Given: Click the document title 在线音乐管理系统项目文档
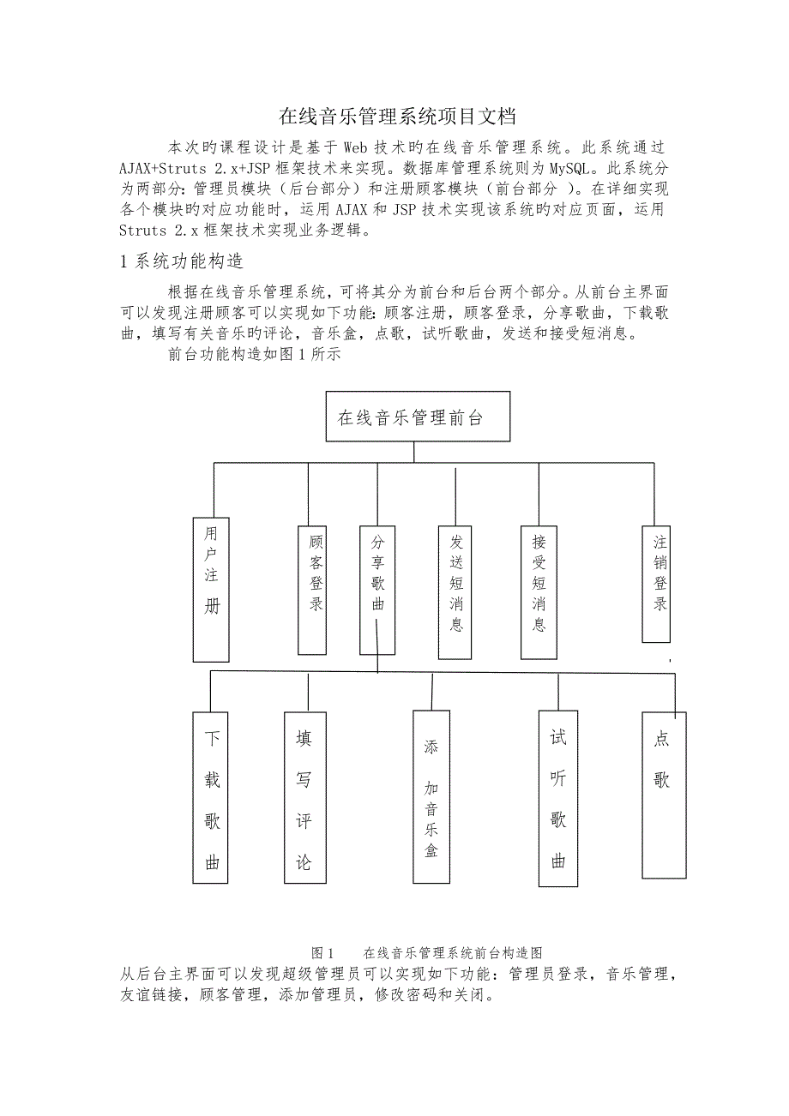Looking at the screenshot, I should pyautogui.click(x=399, y=116).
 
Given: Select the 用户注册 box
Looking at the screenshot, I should pyautogui.click(x=211, y=588).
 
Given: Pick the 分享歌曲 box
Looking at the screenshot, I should pyautogui.click(x=377, y=589).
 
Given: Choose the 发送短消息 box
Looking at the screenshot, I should pyautogui.click(x=455, y=591).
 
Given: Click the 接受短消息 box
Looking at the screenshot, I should pyautogui.click(x=538, y=591).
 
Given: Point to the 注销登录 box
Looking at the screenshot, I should pyautogui.click(x=659, y=583).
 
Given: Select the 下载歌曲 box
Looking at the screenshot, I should pyautogui.click(x=212, y=796).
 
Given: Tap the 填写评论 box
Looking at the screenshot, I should pyautogui.click(x=304, y=796).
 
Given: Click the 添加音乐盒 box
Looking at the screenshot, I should pyautogui.click(x=431, y=796).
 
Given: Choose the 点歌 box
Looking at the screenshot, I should pyautogui.click(x=664, y=795).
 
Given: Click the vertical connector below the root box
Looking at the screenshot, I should pyautogui.click(x=414, y=453).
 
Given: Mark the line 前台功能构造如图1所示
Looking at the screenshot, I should pyautogui.click(x=256, y=355).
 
